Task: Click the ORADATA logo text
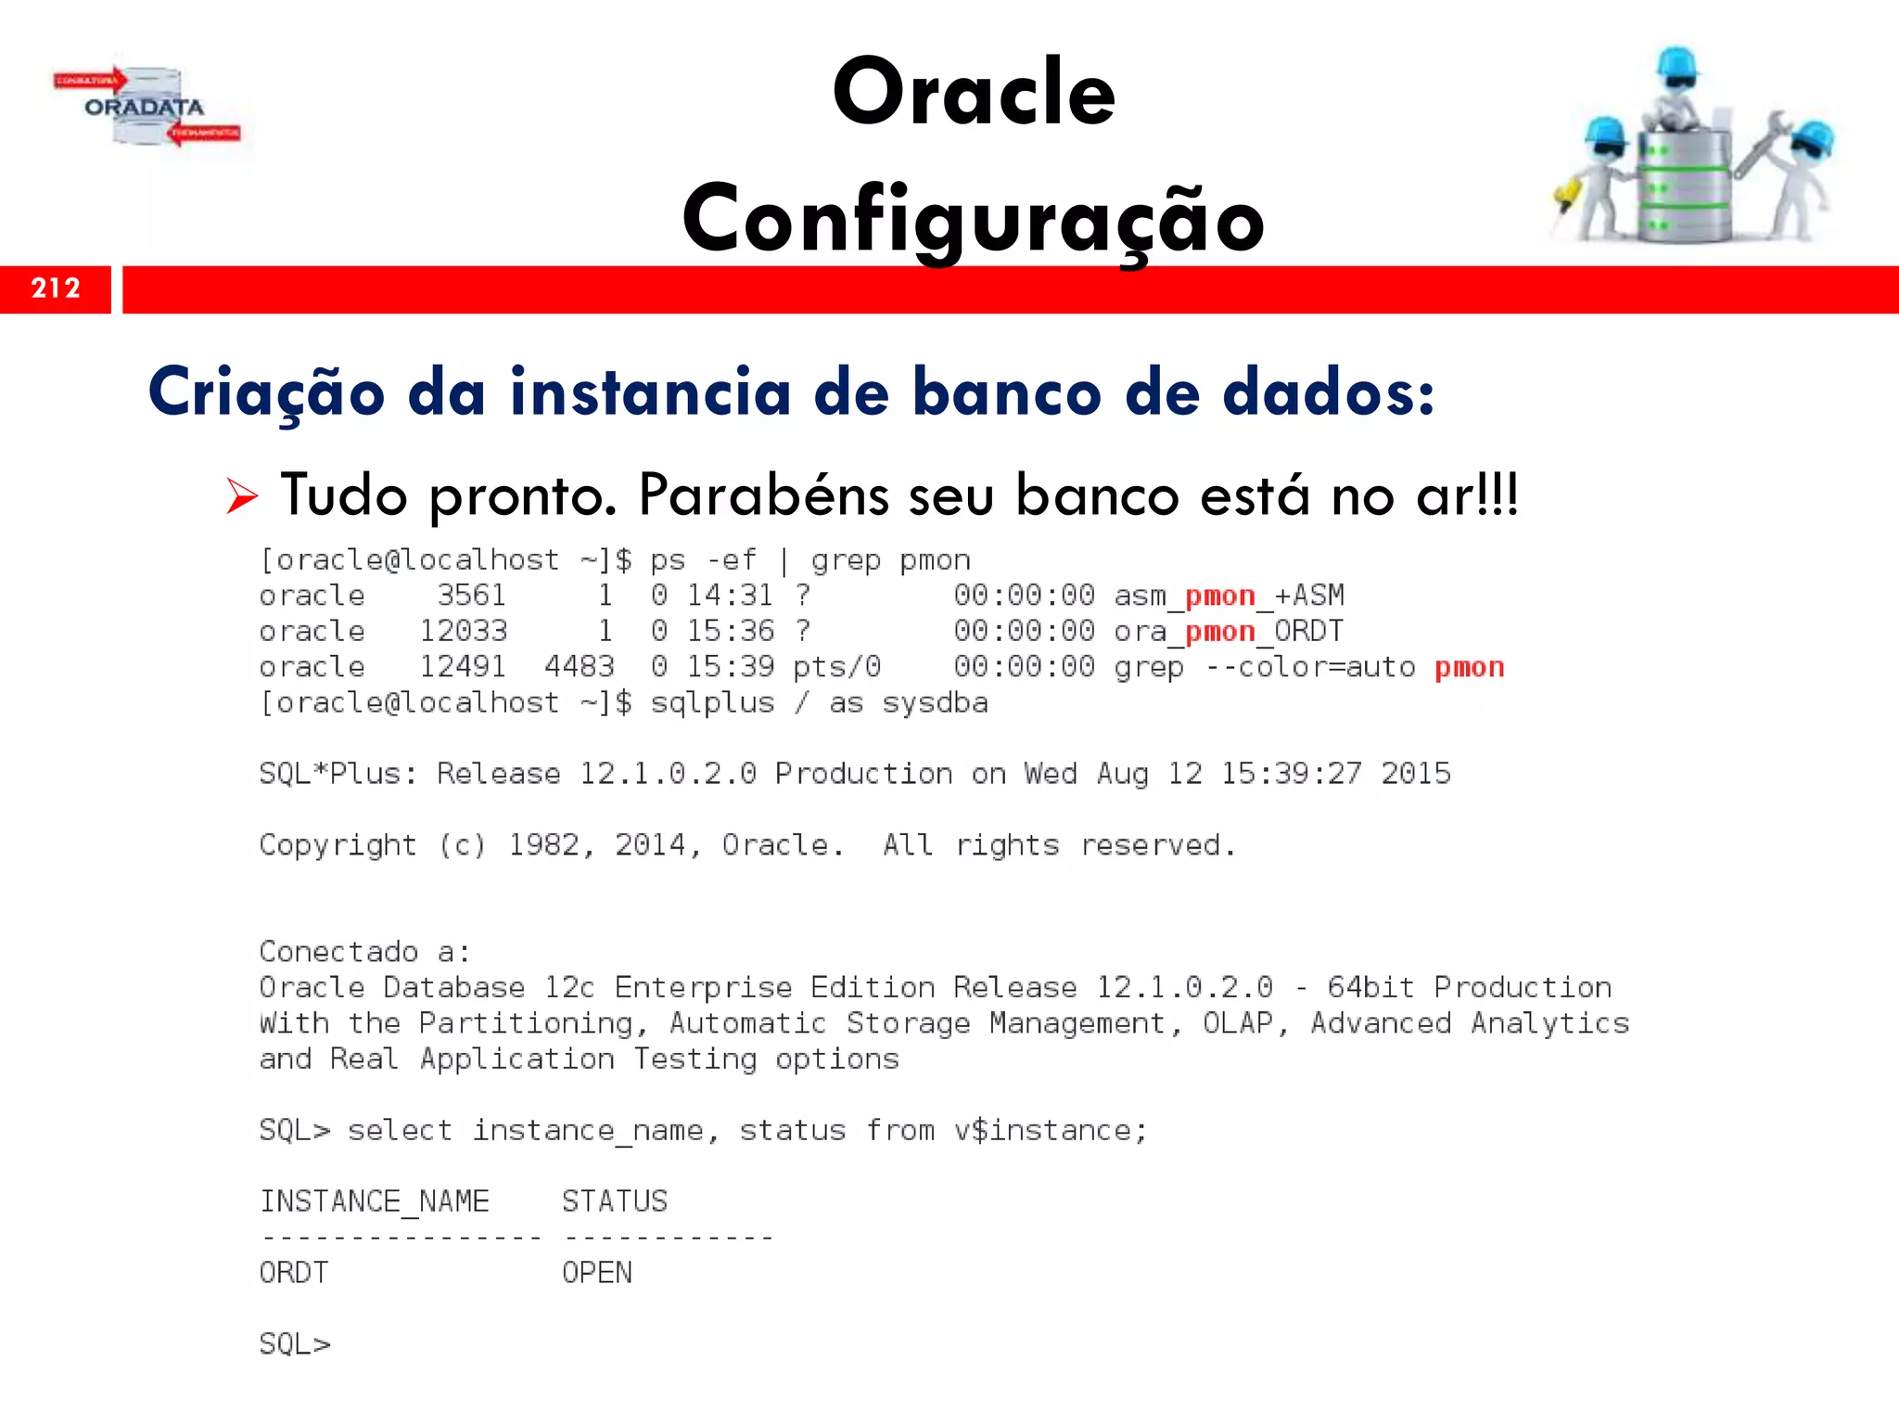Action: click(x=144, y=108)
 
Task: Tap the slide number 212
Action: click(x=56, y=289)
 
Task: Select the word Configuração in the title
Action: click(x=974, y=219)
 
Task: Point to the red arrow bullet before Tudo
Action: click(x=241, y=496)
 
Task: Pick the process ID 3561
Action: click(x=471, y=595)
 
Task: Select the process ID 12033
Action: click(x=463, y=631)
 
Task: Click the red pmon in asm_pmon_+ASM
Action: click(x=1219, y=596)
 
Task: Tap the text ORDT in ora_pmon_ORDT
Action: click(x=1308, y=631)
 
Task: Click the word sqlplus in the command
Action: click(x=711, y=702)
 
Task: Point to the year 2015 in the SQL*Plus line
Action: click(x=1415, y=773)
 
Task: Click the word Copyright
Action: click(x=338, y=845)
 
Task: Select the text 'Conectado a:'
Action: click(x=364, y=951)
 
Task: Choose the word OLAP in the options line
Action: click(x=1238, y=1022)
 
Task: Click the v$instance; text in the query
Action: click(x=1051, y=1130)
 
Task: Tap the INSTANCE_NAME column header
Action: click(x=374, y=1201)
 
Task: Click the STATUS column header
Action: click(x=614, y=1201)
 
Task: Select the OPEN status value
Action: click(x=596, y=1272)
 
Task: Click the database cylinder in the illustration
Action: click(x=1683, y=186)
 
